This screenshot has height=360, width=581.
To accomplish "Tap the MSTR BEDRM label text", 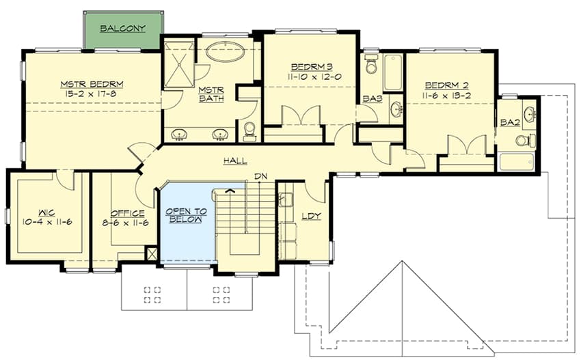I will tap(91, 85).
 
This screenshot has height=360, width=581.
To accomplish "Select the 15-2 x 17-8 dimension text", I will tap(91, 95).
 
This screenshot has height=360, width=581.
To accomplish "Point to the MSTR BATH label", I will tap(207, 95).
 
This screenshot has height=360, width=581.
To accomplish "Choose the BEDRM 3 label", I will tap(311, 66).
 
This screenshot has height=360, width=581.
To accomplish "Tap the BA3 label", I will tap(372, 99).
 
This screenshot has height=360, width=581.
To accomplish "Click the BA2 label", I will tap(509, 123).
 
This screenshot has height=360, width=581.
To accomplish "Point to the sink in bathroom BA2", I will tap(528, 113).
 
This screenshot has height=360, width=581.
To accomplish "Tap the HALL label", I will tap(235, 161).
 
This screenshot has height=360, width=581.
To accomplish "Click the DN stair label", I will tap(260, 177).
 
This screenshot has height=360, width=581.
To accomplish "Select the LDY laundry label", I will tap(311, 217).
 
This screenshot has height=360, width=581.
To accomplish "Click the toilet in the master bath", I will tap(249, 129).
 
